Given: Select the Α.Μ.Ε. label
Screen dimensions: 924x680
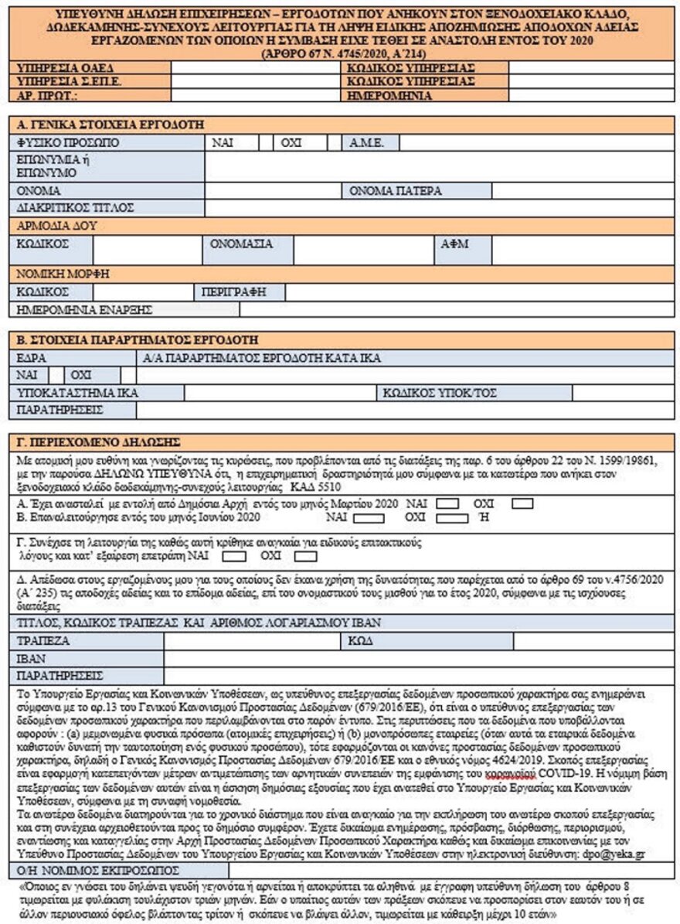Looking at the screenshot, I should click(x=363, y=143).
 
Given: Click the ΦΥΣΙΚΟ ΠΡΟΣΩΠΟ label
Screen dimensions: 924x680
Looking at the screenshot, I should click(x=64, y=143).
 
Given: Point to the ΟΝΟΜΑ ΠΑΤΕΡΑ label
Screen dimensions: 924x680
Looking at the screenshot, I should click(x=396, y=190).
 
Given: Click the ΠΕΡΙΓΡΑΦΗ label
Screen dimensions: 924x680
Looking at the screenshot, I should click(x=229, y=292).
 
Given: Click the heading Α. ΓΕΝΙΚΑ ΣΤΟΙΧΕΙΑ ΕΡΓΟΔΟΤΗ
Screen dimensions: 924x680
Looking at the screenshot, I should click(x=113, y=124).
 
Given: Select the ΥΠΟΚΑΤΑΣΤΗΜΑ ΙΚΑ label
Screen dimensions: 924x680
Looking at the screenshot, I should click(x=77, y=393).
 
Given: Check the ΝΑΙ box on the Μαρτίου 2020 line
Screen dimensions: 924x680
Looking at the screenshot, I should click(x=447, y=503).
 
